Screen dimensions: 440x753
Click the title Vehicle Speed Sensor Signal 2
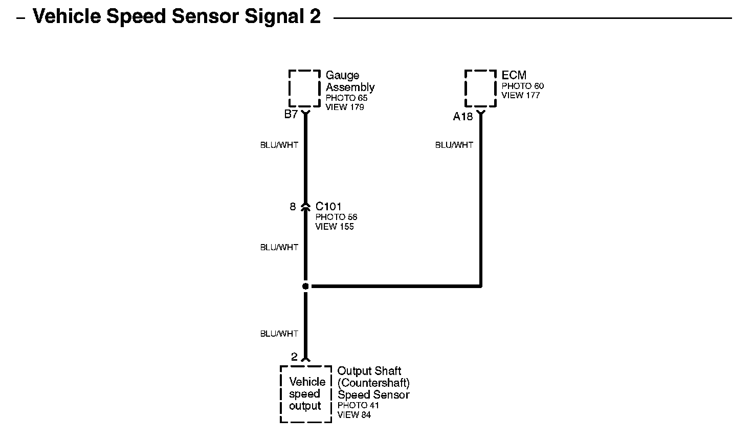click(176, 17)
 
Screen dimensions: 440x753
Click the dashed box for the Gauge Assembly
click(305, 89)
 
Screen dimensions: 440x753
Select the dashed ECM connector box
click(480, 89)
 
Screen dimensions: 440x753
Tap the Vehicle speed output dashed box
click(306, 394)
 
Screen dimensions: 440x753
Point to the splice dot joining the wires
click(305, 287)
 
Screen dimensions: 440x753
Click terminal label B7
click(291, 115)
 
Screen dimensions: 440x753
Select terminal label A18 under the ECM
click(463, 117)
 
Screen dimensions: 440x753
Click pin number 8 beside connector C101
click(293, 207)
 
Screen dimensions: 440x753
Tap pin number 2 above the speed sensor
click(294, 357)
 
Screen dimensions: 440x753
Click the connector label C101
click(328, 207)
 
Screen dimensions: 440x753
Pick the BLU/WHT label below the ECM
click(454, 145)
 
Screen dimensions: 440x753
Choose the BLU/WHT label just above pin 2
click(279, 334)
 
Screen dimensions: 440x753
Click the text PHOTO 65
click(346, 98)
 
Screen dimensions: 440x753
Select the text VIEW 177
click(521, 95)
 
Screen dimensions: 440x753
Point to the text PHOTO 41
click(358, 405)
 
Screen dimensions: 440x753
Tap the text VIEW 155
click(335, 227)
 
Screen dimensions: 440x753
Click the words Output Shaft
click(369, 371)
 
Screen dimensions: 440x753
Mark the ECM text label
click(514, 76)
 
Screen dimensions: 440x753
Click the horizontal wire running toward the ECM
click(394, 287)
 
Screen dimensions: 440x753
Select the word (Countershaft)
click(373, 383)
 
